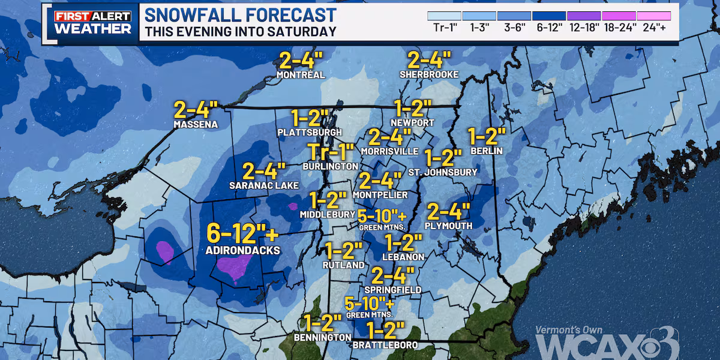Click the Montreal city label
(x=301, y=75)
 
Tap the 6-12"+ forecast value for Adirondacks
(x=244, y=232)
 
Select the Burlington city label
(x=331, y=166)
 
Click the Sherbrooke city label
(x=429, y=74)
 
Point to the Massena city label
(x=195, y=125)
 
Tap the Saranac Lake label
(x=260, y=185)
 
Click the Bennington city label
(x=322, y=338)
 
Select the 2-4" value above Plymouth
(x=448, y=212)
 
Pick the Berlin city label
(x=487, y=151)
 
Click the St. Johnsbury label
(x=443, y=172)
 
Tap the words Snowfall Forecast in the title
(x=241, y=15)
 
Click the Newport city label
(x=413, y=122)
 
